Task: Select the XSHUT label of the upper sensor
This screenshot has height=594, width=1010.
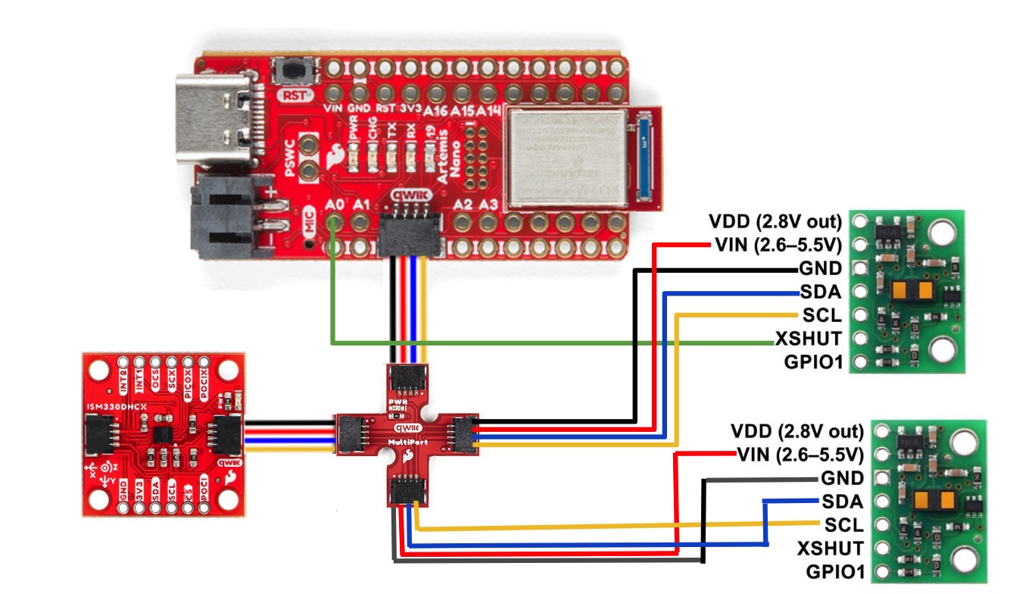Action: (808, 337)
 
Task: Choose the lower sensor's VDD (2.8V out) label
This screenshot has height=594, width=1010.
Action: (796, 432)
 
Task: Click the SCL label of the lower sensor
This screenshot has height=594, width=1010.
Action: (843, 524)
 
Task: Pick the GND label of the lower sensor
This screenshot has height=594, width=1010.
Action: (841, 478)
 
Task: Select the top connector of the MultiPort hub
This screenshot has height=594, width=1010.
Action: (409, 379)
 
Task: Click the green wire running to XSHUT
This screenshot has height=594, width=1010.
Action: (530, 343)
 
